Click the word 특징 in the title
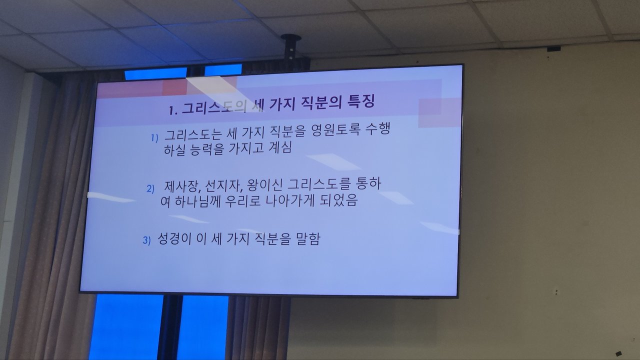coord(360,101)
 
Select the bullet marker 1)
coord(154,138)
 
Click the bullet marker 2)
coord(150,189)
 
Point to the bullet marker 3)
coord(146,240)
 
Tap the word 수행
coord(377,129)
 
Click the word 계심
coord(280,148)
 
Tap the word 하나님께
coord(197,201)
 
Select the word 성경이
coord(174,239)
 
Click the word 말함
coord(308,238)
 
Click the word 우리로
coord(243,201)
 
